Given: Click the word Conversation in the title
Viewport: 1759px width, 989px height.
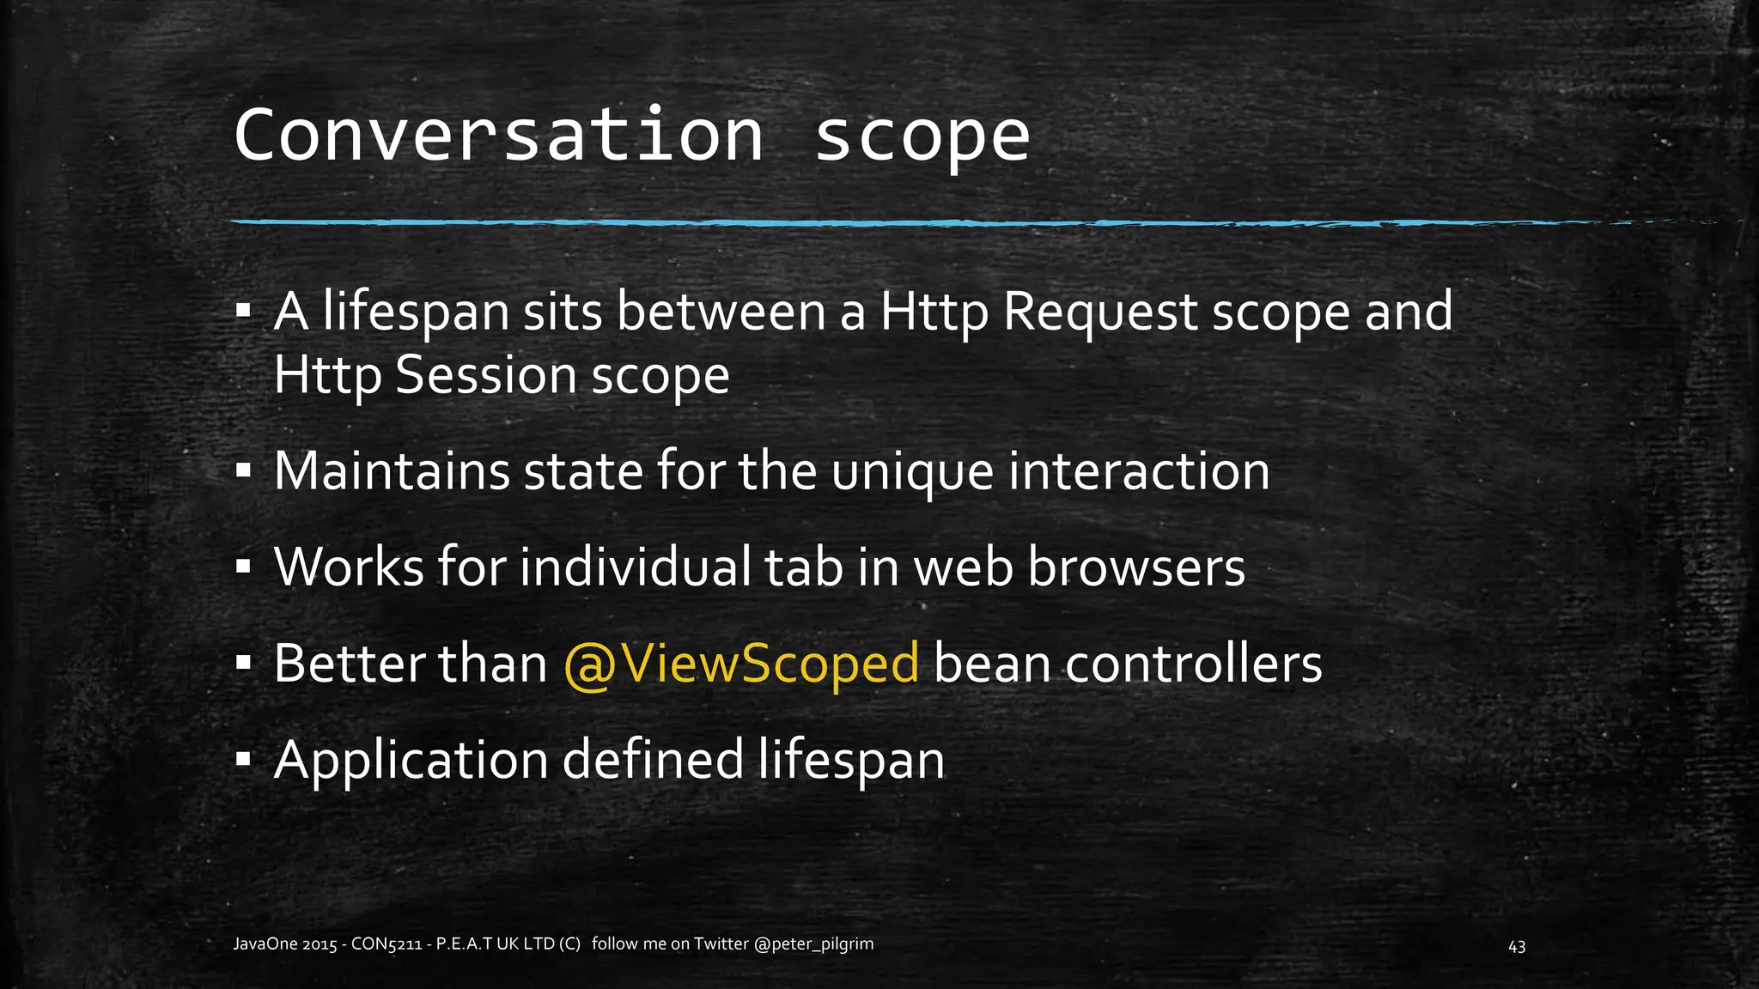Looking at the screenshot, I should pyautogui.click(x=498, y=135).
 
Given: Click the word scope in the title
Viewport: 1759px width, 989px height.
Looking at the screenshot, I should pyautogui.click(x=921, y=137).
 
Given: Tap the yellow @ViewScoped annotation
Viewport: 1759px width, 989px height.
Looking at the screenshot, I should pyautogui.click(x=741, y=664).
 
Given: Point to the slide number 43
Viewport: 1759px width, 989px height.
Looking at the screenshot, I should pyautogui.click(x=1517, y=946).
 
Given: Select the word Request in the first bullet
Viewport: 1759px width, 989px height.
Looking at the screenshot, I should pyautogui.click(x=1100, y=312).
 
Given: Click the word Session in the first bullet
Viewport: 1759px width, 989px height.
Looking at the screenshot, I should pyautogui.click(x=485, y=376).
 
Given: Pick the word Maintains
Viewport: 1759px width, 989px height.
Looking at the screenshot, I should pyautogui.click(x=392, y=470).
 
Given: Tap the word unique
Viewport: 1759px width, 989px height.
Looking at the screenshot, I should pyautogui.click(x=912, y=472).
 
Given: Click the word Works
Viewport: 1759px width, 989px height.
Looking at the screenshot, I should pyautogui.click(x=349, y=567).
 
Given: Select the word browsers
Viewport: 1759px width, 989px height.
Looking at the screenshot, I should pyautogui.click(x=1136, y=567).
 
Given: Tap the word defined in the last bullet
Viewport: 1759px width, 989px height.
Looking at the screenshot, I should pyautogui.click(x=653, y=760).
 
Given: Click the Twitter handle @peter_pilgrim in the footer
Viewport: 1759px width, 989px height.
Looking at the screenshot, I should pyautogui.click(x=813, y=944).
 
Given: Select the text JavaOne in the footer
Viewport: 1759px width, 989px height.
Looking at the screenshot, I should pyautogui.click(x=265, y=944).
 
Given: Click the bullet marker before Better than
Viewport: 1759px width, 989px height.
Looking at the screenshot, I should pyautogui.click(x=244, y=663).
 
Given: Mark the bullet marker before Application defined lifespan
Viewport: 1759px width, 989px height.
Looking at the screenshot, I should pyautogui.click(x=244, y=759).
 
